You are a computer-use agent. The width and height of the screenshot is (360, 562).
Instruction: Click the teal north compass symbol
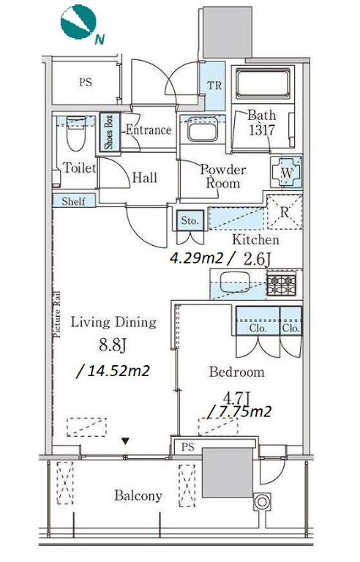click(78, 21)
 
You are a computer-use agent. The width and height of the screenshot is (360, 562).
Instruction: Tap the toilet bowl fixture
click(76, 132)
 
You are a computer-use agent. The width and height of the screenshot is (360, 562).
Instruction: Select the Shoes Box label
click(109, 132)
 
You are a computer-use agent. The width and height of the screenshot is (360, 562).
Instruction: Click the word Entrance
click(148, 130)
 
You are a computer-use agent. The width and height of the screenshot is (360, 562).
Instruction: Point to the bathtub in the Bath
click(263, 83)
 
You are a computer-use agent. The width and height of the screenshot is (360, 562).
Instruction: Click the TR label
click(214, 86)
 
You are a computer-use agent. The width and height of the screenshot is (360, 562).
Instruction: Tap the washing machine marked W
click(287, 173)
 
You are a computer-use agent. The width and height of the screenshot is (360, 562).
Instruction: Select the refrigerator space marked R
click(285, 211)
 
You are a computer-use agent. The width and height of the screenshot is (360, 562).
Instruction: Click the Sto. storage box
click(190, 220)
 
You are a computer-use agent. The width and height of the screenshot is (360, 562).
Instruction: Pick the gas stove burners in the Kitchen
click(282, 283)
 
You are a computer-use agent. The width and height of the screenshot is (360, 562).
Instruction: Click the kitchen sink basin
click(234, 282)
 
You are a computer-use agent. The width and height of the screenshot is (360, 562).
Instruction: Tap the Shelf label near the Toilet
click(73, 201)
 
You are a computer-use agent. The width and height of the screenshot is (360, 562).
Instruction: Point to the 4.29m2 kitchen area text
click(197, 258)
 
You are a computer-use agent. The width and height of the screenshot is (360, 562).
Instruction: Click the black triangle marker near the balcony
click(125, 441)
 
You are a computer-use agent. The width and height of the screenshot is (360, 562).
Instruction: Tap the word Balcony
click(138, 495)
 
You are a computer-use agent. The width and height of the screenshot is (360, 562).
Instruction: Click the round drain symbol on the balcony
click(262, 501)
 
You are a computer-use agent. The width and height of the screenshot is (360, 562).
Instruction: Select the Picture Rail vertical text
click(57, 315)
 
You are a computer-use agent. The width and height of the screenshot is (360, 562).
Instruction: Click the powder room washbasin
click(202, 131)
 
